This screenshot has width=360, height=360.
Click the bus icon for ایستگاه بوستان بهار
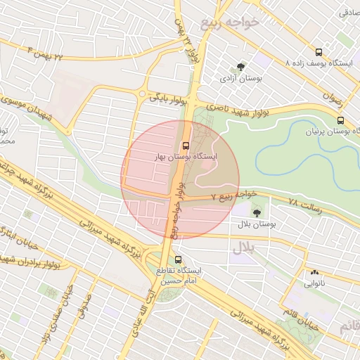pos(186,146)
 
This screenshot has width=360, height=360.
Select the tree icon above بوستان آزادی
pos(240,67)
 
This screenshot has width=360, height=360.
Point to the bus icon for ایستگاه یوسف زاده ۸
pos(319,52)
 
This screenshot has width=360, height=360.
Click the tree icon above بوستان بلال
pos(255,211)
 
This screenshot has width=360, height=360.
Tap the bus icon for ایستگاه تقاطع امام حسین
pos(177,258)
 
